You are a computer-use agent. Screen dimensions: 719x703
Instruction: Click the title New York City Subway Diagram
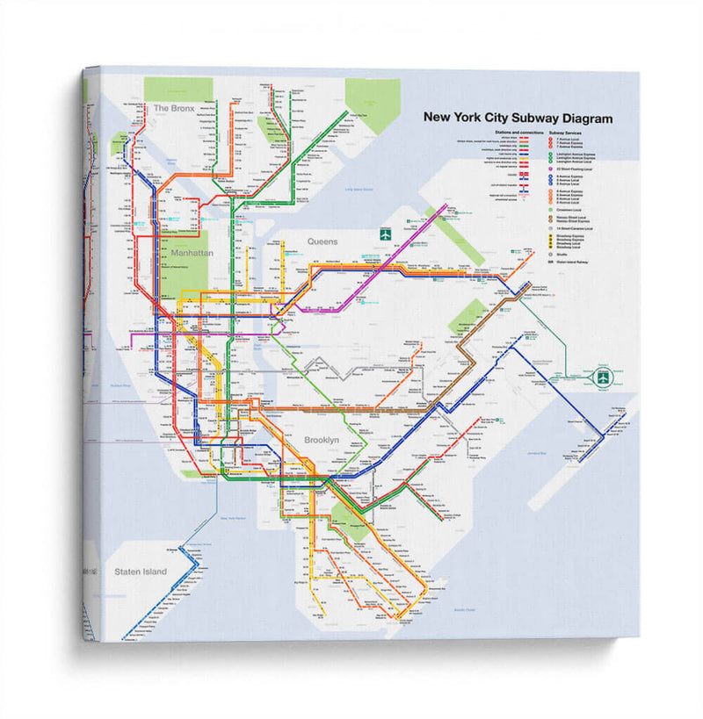click(x=518, y=119)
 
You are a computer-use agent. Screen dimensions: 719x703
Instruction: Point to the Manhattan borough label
click(x=193, y=253)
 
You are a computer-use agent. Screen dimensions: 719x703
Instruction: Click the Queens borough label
click(x=323, y=241)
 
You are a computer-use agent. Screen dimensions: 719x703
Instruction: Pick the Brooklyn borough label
click(x=322, y=439)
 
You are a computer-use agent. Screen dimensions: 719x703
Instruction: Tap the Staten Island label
click(x=140, y=572)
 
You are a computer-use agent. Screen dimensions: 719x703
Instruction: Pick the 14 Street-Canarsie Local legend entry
click(x=576, y=228)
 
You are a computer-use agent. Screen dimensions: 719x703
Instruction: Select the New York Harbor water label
click(x=235, y=519)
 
